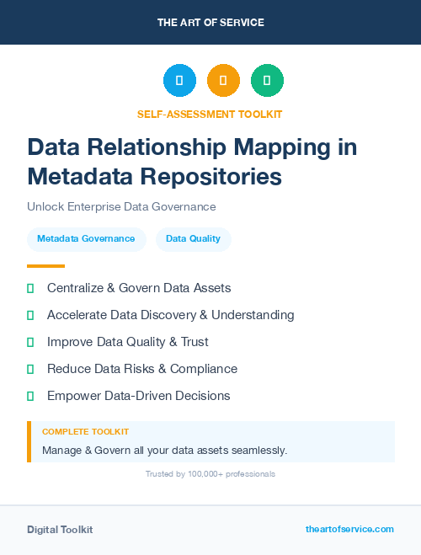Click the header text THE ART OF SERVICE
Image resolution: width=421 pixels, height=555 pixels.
coord(210,23)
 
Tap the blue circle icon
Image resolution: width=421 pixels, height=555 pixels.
coord(179,81)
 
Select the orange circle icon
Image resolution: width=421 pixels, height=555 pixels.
coord(223,81)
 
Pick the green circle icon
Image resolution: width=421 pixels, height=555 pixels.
coord(267,81)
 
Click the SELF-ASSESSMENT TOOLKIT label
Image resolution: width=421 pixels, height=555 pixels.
coord(210,114)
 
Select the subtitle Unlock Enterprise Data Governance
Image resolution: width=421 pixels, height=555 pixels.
coord(121,206)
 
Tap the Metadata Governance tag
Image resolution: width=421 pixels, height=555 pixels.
coord(86,238)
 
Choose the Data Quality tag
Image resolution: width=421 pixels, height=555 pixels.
coord(193,238)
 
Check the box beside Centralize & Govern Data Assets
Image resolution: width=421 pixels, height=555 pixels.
coord(30,288)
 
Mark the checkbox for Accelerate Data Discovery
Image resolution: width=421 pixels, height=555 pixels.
coord(30,315)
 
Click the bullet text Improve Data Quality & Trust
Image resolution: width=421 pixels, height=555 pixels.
coord(127,342)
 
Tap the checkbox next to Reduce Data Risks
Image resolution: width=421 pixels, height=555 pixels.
coord(30,369)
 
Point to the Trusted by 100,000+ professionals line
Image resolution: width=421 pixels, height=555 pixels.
coord(210,474)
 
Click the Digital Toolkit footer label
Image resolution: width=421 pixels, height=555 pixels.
coord(60,530)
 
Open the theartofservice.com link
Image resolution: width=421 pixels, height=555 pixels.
coord(349,529)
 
